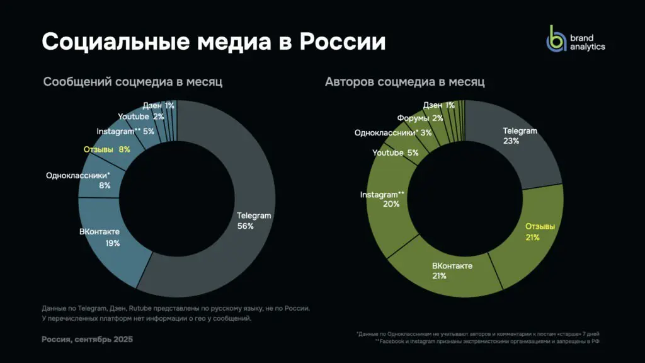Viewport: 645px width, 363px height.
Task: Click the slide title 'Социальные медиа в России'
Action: pos(214,42)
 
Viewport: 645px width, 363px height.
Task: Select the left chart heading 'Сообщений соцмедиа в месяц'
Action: pos(133,82)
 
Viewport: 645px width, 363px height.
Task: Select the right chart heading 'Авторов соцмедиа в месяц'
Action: pos(404,82)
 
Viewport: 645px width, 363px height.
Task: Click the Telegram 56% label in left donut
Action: pos(253,221)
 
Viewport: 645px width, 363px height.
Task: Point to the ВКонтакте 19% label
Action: pos(100,237)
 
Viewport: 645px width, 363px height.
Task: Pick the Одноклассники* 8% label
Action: pos(78,180)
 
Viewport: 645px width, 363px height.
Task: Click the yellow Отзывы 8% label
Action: pos(106,149)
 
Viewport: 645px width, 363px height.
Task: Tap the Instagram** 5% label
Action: pos(125,131)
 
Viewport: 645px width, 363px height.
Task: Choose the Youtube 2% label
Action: pos(141,117)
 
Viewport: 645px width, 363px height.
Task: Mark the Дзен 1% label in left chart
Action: pos(158,105)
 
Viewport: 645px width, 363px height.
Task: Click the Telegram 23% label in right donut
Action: pos(520,136)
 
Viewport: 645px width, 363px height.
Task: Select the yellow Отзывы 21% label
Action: pos(540,232)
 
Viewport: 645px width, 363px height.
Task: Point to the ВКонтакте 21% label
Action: pos(452,271)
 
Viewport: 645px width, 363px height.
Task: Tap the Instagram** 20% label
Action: pos(382,199)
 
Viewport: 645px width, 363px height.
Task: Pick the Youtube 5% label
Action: pos(396,153)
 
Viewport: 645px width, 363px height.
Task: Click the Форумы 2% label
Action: pos(420,118)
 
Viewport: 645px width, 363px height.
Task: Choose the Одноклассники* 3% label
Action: pos(393,132)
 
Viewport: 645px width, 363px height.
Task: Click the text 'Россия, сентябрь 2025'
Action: pos(88,339)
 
